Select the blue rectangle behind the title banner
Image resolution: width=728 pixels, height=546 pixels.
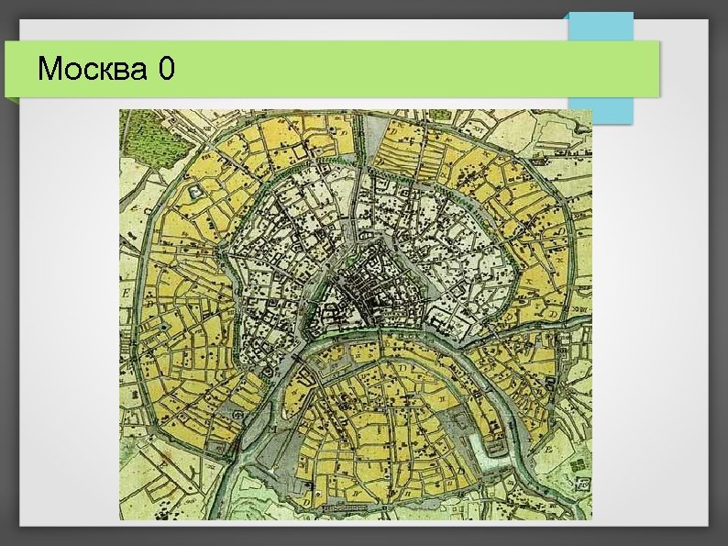pos(601,28)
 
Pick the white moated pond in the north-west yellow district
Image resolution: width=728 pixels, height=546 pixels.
pos(196,191)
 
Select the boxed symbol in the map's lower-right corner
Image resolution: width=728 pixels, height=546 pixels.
pos(580,484)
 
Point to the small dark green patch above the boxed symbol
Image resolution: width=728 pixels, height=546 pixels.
pos(577,464)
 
